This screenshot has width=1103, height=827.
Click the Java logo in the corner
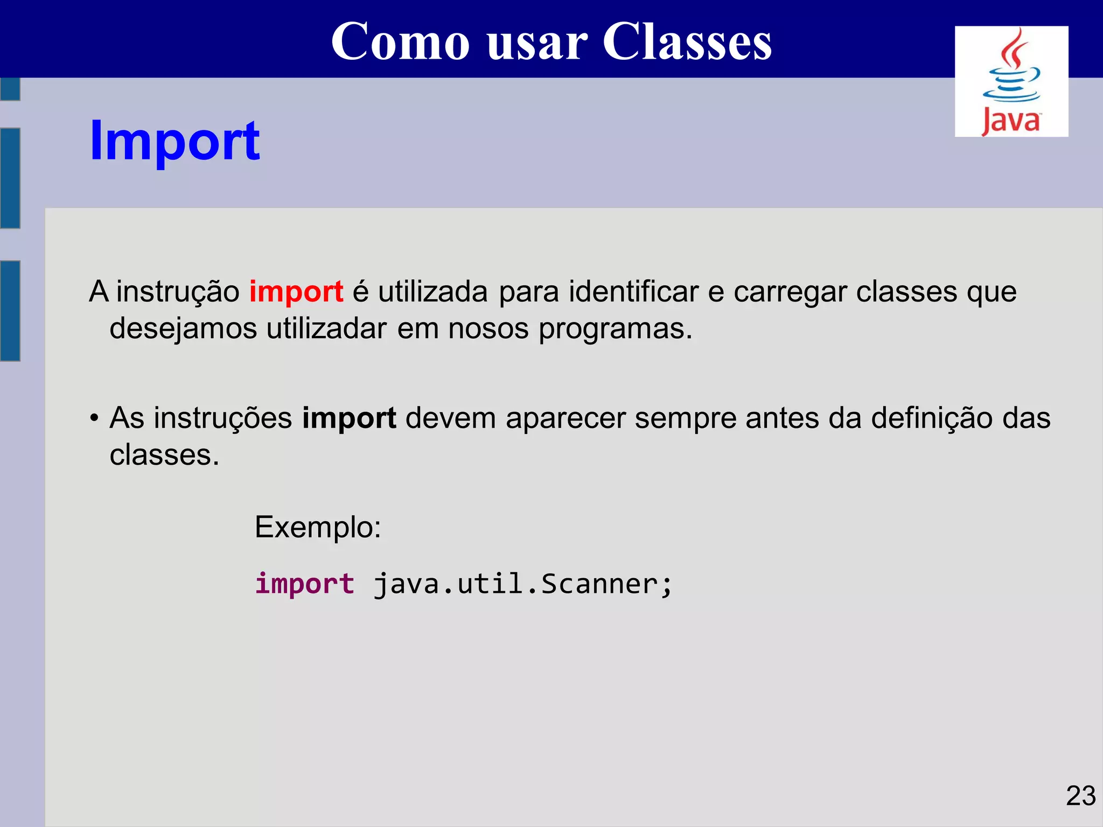point(1011,81)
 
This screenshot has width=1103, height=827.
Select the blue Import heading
point(174,141)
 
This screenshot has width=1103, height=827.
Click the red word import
point(296,292)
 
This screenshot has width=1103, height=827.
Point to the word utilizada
point(432,292)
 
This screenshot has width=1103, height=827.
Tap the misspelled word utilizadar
point(326,328)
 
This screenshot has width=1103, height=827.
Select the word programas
point(615,330)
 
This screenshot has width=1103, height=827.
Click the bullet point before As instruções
point(94,418)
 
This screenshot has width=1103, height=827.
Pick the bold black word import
point(349,418)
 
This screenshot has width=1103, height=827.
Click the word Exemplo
point(318,527)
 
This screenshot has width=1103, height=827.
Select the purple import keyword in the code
point(305,584)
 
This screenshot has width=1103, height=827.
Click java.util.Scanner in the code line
point(522,584)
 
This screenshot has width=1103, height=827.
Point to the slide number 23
point(1080,796)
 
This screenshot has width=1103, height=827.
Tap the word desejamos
point(183,330)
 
